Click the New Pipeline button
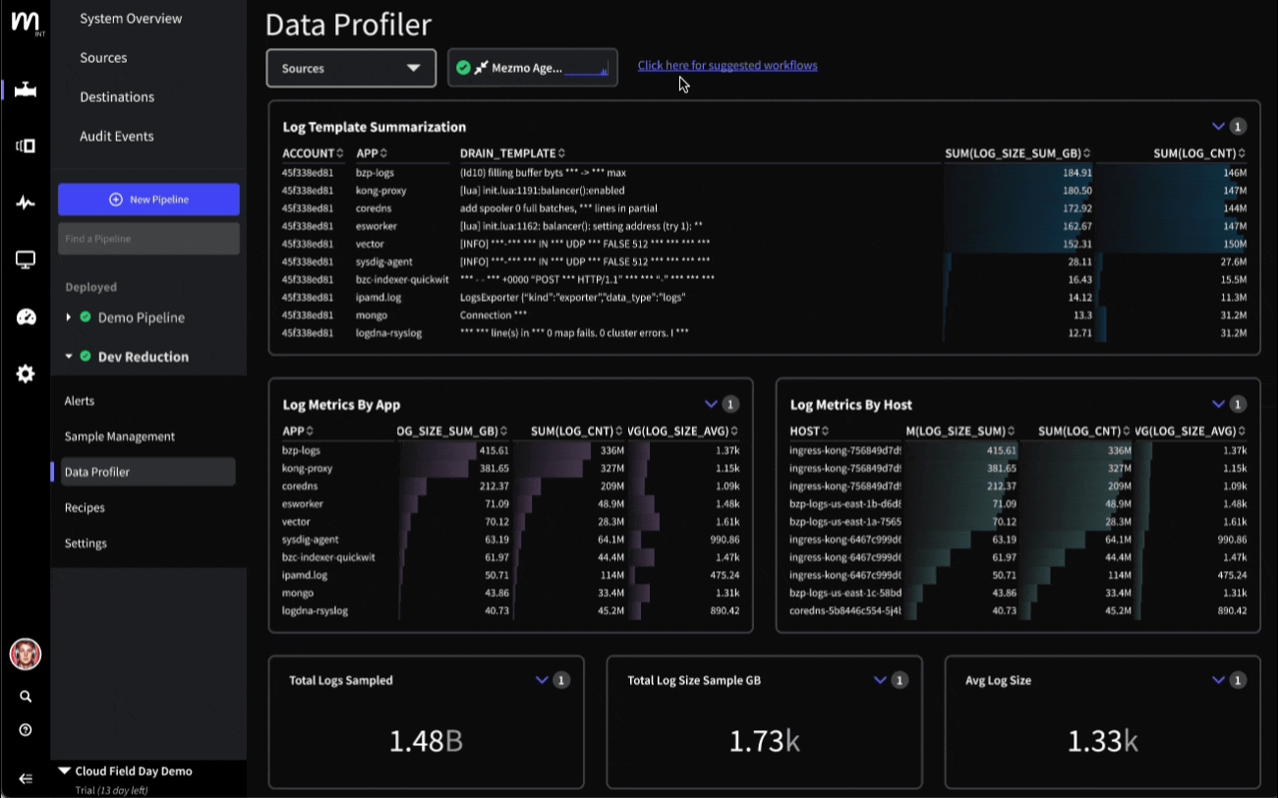coord(148,199)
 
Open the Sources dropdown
coord(351,69)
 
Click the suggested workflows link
coord(727,66)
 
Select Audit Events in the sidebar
coord(117,137)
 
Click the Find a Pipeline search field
coord(148,239)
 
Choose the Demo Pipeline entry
coord(141,317)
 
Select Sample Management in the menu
coord(120,436)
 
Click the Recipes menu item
coord(85,508)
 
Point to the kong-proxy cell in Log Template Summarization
coord(381,191)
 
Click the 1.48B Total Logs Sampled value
coord(426,741)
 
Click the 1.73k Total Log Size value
coord(764,741)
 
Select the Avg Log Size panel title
coord(998,680)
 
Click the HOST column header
coord(805,431)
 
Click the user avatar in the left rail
coord(25,654)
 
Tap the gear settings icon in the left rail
coord(26,373)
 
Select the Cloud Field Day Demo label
coord(134,771)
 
